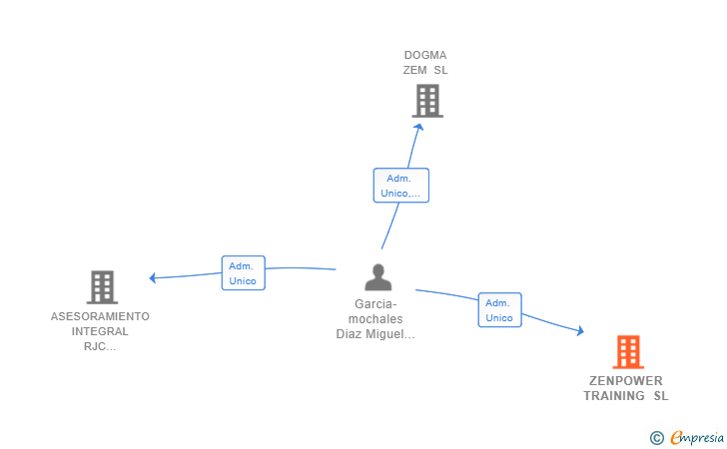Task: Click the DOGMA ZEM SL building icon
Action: pyautogui.click(x=427, y=101)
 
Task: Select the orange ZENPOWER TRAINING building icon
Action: pyautogui.click(x=628, y=351)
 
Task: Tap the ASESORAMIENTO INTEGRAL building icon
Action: pyautogui.click(x=102, y=287)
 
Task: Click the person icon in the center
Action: pyautogui.click(x=378, y=277)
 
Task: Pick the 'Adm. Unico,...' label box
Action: pyautogui.click(x=401, y=186)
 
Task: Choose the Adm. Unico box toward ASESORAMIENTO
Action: pyautogui.click(x=243, y=273)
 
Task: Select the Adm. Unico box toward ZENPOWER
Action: pyautogui.click(x=499, y=310)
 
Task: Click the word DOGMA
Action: pyautogui.click(x=425, y=55)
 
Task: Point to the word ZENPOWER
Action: pyautogui.click(x=626, y=381)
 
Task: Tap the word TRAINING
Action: pyautogui.click(x=614, y=396)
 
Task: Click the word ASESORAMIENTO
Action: pyautogui.click(x=100, y=316)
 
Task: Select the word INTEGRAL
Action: pyautogui.click(x=100, y=331)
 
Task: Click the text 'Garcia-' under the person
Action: pyautogui.click(x=375, y=304)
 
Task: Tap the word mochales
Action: pyautogui.click(x=375, y=319)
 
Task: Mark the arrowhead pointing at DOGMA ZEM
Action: pyautogui.click(x=418, y=127)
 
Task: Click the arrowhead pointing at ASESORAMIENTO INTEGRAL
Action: pyautogui.click(x=153, y=277)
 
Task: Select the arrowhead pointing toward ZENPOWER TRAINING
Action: pyautogui.click(x=580, y=330)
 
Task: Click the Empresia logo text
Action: pyautogui.click(x=697, y=437)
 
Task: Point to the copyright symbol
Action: pyautogui.click(x=656, y=438)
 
